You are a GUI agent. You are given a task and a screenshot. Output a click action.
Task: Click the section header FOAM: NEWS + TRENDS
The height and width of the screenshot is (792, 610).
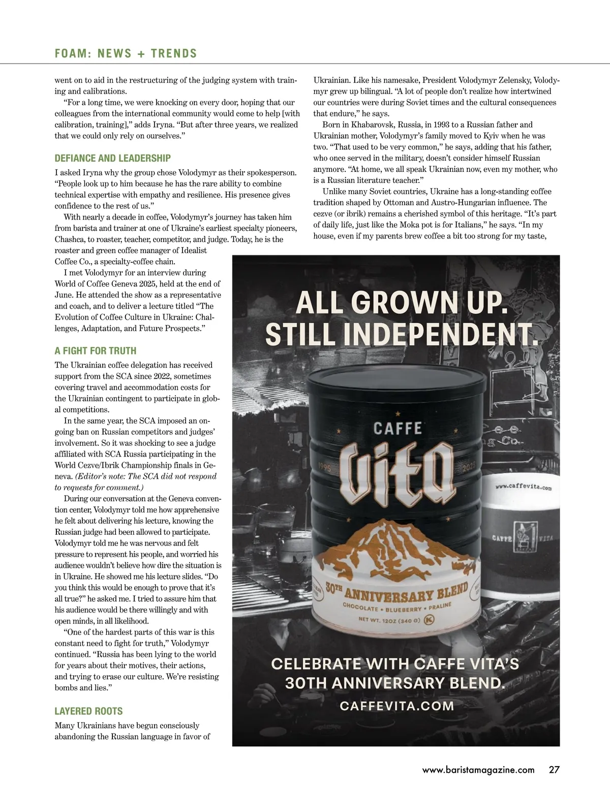coord(126,53)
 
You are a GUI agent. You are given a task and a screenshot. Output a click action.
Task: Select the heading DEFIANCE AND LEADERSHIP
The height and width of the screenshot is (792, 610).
coord(112,158)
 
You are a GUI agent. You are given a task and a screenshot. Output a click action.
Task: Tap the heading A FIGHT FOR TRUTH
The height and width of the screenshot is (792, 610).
coord(95,351)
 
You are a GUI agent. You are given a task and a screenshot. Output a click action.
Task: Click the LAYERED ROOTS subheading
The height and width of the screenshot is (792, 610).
coord(88,711)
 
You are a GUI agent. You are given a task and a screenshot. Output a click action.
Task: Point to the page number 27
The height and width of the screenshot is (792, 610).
coord(554,770)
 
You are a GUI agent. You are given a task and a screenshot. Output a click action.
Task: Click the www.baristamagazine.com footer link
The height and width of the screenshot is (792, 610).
coord(478,770)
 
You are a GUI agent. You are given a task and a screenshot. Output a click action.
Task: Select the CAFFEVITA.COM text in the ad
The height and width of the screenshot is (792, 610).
coord(396,706)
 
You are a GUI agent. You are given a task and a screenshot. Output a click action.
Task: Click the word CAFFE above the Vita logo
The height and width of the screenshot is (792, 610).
coord(398,428)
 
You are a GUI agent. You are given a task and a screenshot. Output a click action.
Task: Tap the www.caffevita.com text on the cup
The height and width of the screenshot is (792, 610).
coord(524,488)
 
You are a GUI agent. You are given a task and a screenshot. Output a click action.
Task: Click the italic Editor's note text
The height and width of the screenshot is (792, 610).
coord(146,476)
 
